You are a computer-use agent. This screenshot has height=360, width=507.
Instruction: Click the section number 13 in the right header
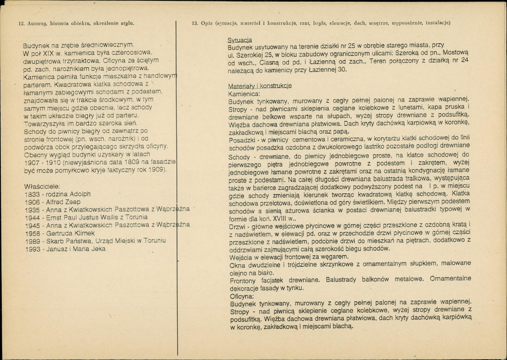pyautogui.click(x=195, y=23)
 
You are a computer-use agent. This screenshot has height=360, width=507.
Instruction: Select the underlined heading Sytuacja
pyautogui.click(x=240, y=40)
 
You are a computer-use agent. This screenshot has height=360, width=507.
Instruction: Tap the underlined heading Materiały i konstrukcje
pyautogui.click(x=260, y=86)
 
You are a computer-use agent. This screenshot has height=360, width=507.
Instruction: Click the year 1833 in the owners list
pyautogui.click(x=32, y=194)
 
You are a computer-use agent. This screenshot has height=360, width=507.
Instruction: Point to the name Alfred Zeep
pyautogui.click(x=64, y=202)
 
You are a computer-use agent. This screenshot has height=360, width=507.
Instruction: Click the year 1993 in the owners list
pyautogui.click(x=32, y=249)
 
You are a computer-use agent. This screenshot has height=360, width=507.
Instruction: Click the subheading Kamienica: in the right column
pyautogui.click(x=245, y=94)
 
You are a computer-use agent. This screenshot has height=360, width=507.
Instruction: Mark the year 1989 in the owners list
pyautogui.click(x=32, y=241)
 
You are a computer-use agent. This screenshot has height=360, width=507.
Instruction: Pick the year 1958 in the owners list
pyautogui.click(x=32, y=233)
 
